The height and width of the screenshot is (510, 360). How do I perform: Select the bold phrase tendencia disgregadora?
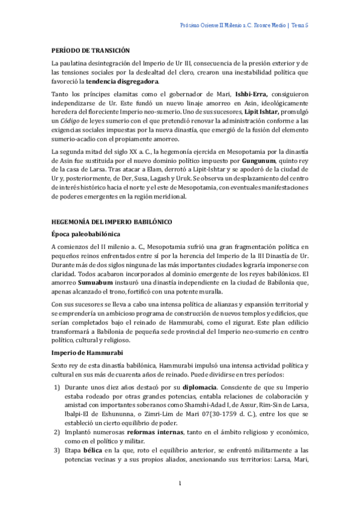pos(122,81)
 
